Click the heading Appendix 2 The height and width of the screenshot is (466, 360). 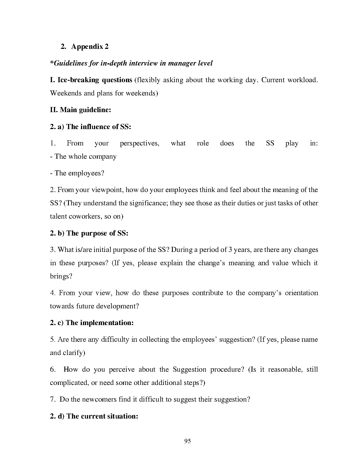[x=90, y=47]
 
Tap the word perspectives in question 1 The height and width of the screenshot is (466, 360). [x=139, y=143]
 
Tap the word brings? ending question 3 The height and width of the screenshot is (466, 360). [x=61, y=276]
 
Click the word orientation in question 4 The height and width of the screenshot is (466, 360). [x=301, y=293]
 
